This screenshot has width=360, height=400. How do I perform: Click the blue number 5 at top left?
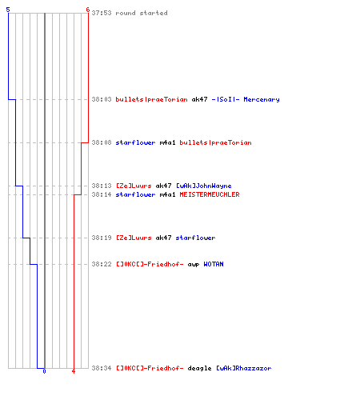(8, 10)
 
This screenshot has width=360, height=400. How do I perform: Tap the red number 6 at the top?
(88, 10)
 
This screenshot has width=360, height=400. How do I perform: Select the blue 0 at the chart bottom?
(44, 371)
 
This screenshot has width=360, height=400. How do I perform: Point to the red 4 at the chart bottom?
(74, 371)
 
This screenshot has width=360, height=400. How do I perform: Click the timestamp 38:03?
(102, 99)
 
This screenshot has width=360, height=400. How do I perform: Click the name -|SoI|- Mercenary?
(246, 99)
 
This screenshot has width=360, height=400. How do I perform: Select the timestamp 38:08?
(102, 142)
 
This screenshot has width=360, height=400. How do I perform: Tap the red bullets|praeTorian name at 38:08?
(215, 142)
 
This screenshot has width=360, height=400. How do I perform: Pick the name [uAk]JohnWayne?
(204, 186)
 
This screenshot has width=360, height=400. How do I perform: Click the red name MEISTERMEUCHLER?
(210, 194)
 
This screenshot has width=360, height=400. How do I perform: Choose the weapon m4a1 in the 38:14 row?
(167, 194)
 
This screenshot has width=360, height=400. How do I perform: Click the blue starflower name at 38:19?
(195, 238)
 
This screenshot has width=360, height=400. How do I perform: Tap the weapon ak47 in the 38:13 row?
(163, 186)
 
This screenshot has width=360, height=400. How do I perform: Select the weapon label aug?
(194, 265)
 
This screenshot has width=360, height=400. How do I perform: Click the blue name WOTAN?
(214, 264)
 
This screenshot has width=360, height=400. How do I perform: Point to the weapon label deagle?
(199, 368)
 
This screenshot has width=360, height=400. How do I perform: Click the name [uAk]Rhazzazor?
(244, 368)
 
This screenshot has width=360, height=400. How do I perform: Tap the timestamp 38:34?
(102, 368)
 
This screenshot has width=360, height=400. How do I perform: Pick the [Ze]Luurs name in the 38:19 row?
(134, 238)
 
